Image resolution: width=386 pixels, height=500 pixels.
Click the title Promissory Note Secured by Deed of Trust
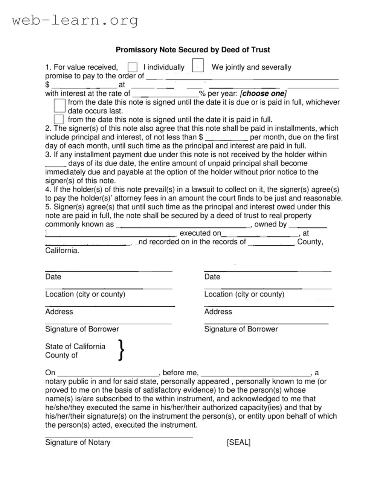[192, 50]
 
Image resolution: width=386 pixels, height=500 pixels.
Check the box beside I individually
[133, 67]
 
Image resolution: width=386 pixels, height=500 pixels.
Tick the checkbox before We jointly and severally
[198, 66]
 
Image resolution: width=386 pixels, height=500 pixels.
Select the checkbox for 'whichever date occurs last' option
[60, 106]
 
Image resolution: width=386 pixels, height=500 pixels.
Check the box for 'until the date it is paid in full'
[59, 119]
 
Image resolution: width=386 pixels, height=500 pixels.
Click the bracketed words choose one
[263, 93]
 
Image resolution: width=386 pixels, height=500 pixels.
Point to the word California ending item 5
[62, 251]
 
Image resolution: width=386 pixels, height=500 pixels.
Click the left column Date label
[53, 277]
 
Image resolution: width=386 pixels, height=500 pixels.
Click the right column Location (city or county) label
[244, 294]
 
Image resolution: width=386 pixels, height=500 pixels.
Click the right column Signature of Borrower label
[241, 329]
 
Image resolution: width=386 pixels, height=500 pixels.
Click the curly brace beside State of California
[121, 350]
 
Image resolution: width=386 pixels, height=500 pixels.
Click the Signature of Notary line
[119, 437]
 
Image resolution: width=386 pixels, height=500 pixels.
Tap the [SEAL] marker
[238, 442]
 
